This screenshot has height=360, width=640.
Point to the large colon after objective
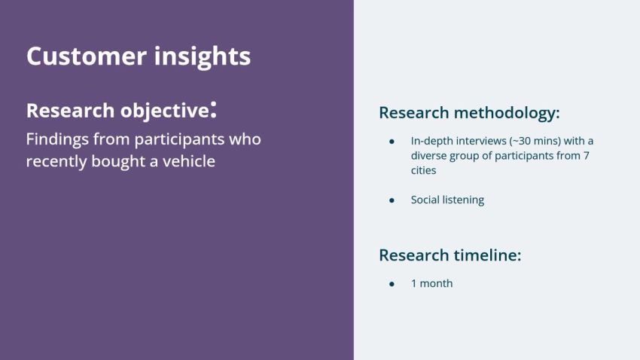point(214,111)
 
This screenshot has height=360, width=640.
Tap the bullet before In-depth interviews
point(392,141)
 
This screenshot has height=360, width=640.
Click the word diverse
point(430,156)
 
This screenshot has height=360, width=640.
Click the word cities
point(423,171)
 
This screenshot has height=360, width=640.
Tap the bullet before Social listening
point(392,200)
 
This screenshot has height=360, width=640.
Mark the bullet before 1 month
point(392,284)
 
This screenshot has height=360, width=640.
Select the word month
point(437,284)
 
